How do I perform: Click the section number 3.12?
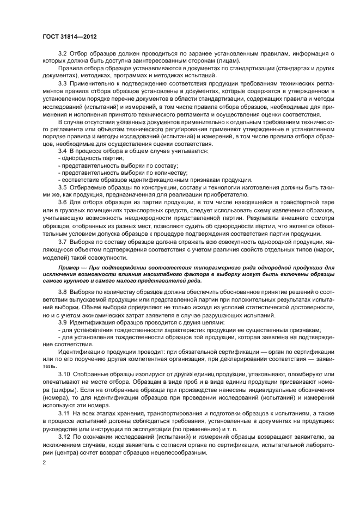coord(65,437)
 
